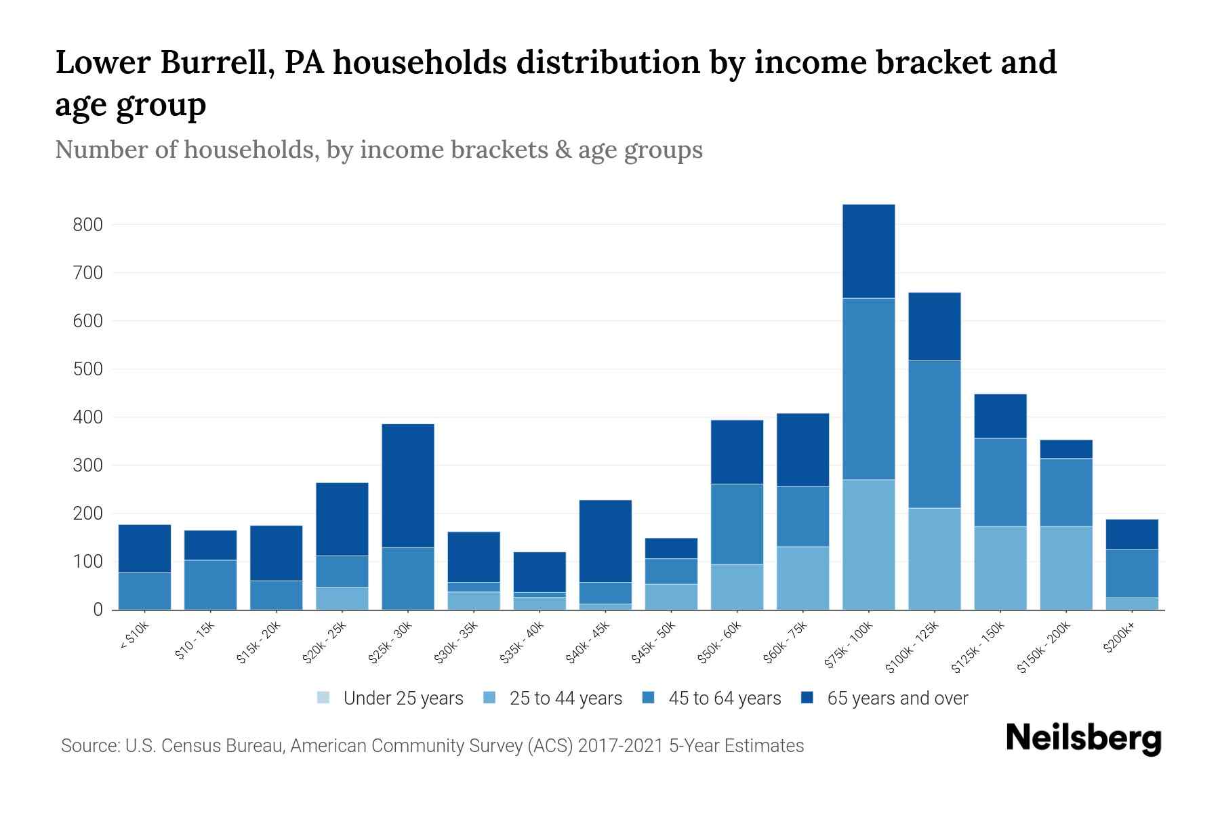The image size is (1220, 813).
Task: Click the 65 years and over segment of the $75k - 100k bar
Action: coord(868,251)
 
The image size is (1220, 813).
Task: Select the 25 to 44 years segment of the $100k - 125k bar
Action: coord(934,559)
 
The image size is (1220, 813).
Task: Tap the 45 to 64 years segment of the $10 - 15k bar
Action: coord(210,585)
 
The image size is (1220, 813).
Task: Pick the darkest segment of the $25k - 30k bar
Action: coord(407,485)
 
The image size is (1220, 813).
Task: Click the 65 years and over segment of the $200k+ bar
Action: coord(1131,534)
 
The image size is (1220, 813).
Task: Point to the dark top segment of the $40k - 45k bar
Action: coord(605,541)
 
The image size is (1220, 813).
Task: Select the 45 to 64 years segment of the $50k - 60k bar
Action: coord(737,524)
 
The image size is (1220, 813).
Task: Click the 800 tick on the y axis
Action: coord(87,224)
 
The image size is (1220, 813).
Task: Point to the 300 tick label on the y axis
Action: coord(87,465)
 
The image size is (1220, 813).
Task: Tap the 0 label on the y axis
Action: coord(98,610)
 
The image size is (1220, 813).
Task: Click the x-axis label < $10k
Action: coord(135,638)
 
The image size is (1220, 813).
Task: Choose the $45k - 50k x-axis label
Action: coord(653,642)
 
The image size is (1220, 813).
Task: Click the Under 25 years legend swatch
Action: coord(323,698)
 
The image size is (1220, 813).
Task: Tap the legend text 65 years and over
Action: coord(897,698)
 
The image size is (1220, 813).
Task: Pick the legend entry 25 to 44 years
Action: coord(565,698)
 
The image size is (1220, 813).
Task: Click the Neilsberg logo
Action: coord(1083,738)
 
